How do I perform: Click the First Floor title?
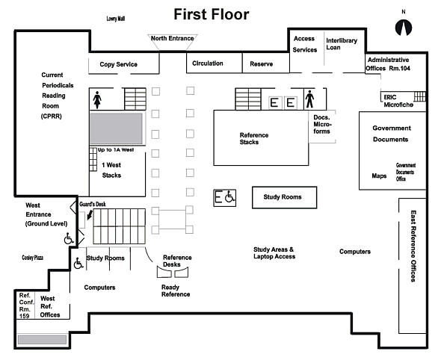[x=212, y=14]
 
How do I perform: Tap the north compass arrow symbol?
[x=404, y=28]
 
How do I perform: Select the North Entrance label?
[x=172, y=38]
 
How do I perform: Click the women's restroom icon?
[x=97, y=99]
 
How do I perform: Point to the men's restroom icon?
[x=309, y=99]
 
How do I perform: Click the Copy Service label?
[x=118, y=64]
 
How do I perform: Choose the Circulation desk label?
[x=208, y=63]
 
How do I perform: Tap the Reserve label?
[x=262, y=64]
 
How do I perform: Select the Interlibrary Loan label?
[x=342, y=44]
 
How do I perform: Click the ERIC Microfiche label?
[x=398, y=101]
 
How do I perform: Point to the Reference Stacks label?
[x=254, y=138]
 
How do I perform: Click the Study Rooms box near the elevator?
[x=284, y=197]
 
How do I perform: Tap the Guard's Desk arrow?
[x=90, y=214]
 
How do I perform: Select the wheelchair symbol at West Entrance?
[x=69, y=238]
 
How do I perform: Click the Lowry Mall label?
[x=116, y=19]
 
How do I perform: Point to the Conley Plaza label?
[x=33, y=258]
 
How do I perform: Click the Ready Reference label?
[x=176, y=291]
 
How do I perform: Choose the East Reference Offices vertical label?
[x=413, y=246]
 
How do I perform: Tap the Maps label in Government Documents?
[x=379, y=176]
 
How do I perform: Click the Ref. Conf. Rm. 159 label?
[x=26, y=305]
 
